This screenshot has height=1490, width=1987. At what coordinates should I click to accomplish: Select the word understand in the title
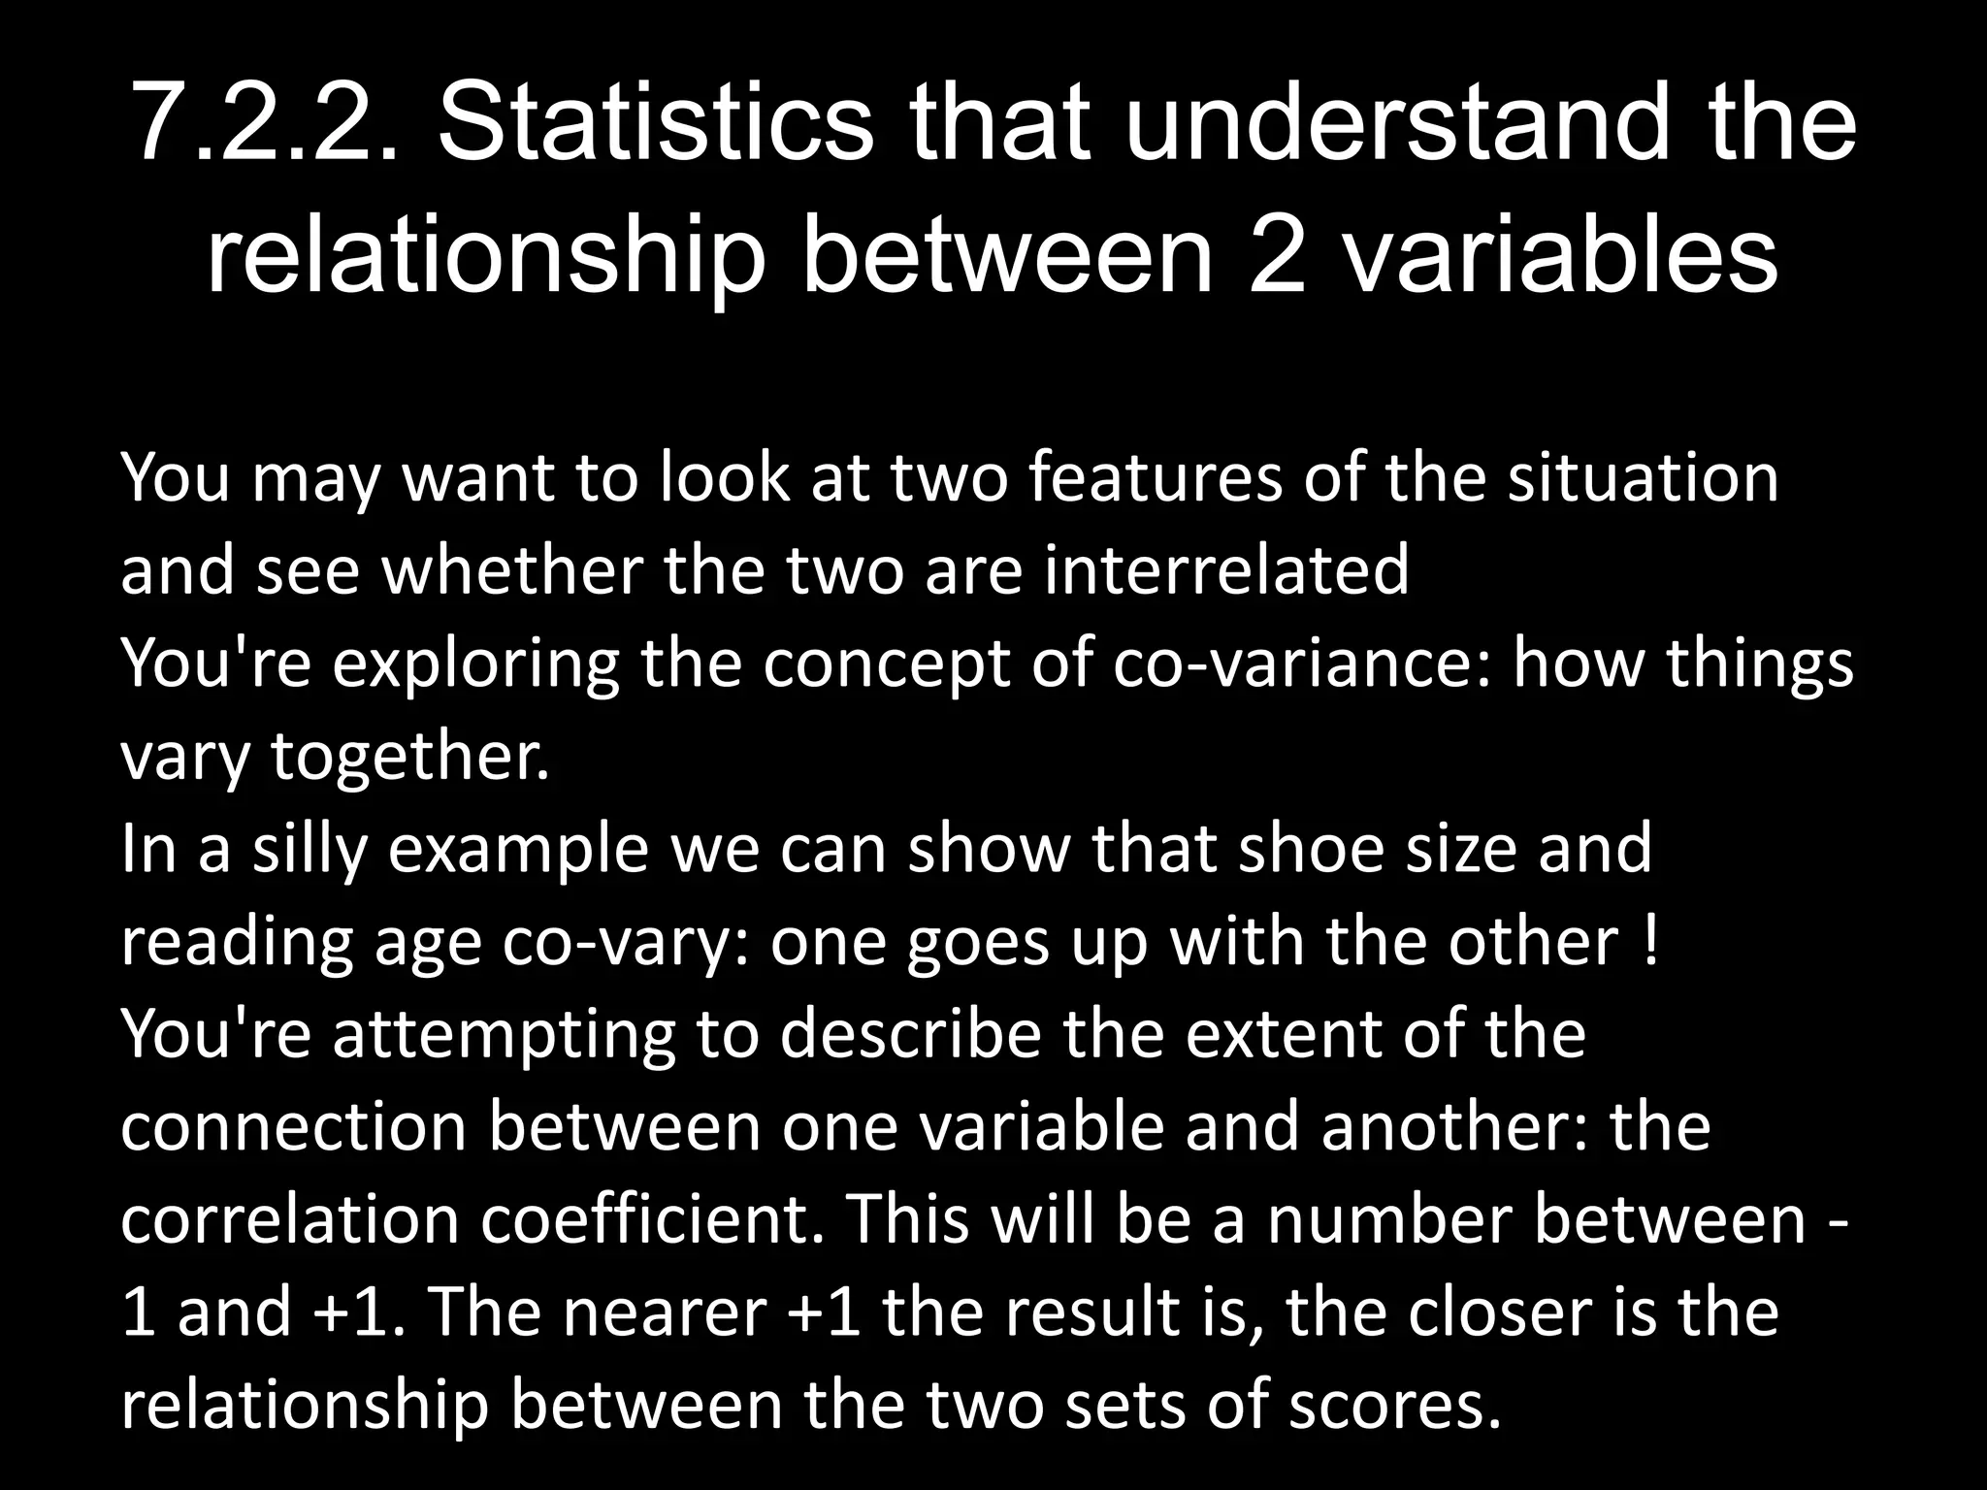[x=1398, y=124]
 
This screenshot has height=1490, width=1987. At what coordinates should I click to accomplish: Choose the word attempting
[x=504, y=1036]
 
